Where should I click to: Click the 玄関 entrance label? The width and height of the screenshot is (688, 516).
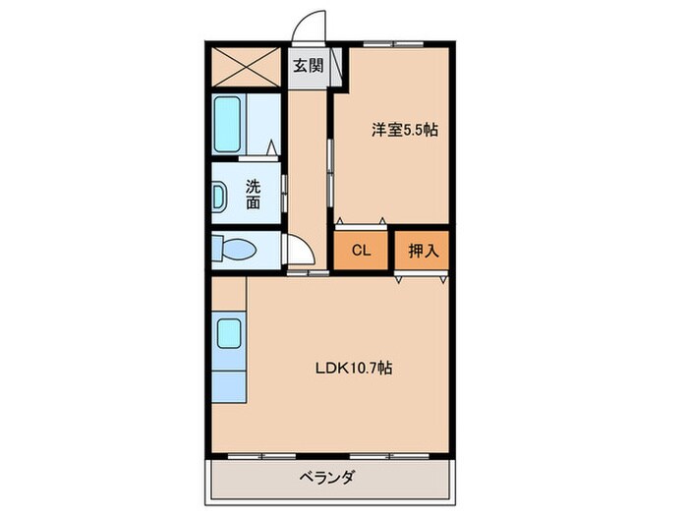point(307,67)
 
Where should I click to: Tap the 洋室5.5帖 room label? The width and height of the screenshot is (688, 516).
point(404,128)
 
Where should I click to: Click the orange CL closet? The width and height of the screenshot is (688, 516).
point(361,251)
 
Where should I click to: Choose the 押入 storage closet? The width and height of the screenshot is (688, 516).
point(423,251)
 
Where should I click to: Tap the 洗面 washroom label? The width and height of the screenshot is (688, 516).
point(254,194)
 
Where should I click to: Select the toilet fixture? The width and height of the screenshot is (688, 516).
point(235,250)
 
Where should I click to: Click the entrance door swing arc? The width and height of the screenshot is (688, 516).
point(314,26)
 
